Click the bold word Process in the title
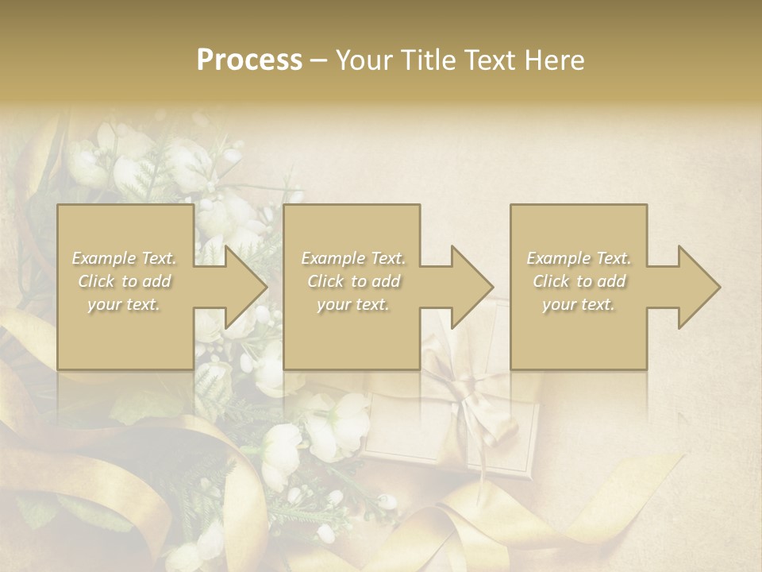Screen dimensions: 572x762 tap(249, 60)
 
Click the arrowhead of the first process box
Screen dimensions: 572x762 tap(238, 287)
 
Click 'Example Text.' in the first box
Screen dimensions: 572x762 tap(125, 258)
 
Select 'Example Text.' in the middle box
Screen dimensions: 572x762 tap(353, 258)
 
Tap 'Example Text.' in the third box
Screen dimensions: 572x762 tap(579, 258)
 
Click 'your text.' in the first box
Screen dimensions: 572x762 tap(125, 305)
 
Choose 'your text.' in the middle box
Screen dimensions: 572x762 tap(353, 305)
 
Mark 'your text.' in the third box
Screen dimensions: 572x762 tap(579, 305)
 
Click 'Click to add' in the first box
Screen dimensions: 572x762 tap(125, 281)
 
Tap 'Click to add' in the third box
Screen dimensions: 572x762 tap(579, 281)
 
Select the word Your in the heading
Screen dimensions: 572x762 tap(363, 60)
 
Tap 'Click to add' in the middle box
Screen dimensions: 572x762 tap(353, 281)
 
